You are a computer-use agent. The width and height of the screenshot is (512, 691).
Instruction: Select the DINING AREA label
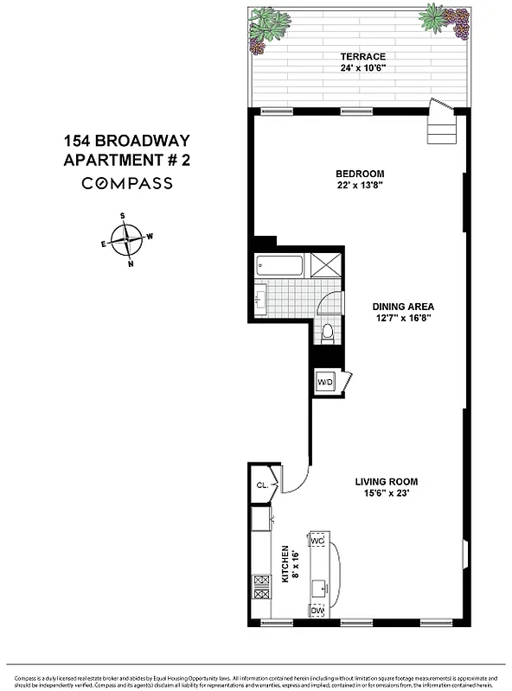tap(402, 307)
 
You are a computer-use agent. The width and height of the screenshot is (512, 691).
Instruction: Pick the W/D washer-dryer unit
tap(326, 381)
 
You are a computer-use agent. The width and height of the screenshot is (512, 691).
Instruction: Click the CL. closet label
tap(262, 485)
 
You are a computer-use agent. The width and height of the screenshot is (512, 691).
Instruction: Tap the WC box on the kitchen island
tap(317, 541)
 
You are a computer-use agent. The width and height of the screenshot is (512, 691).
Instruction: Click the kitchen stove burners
tap(260, 587)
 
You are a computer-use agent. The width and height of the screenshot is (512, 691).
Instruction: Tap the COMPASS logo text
tap(127, 183)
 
